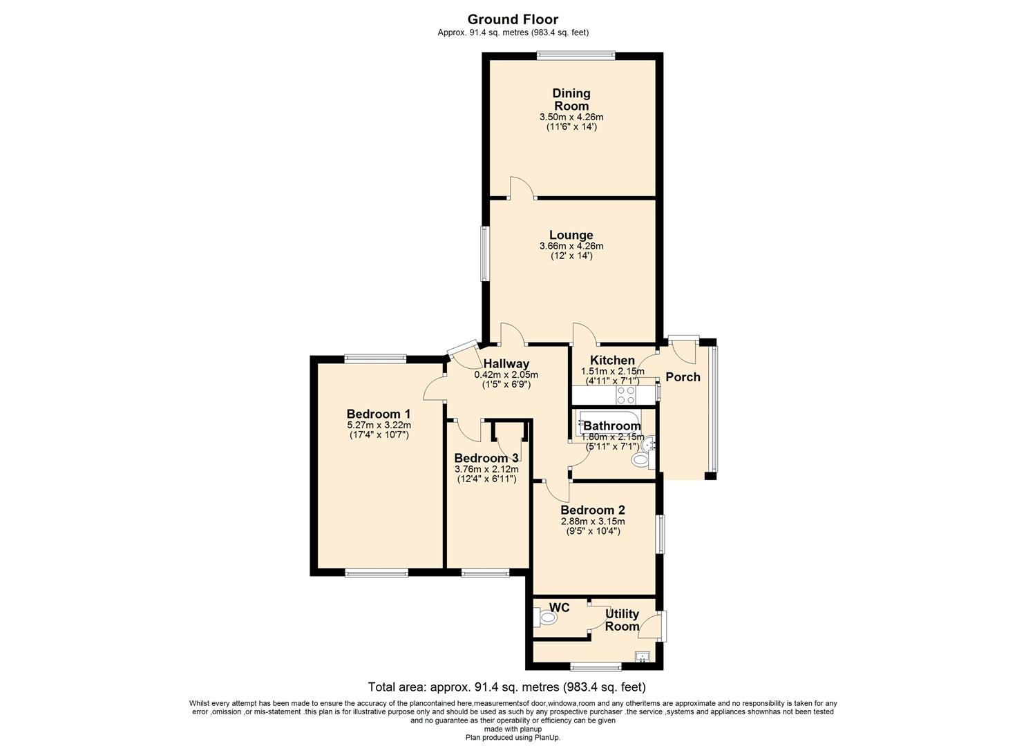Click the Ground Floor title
(x=513, y=19)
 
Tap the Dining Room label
(x=571, y=99)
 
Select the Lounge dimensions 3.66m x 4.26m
(x=571, y=246)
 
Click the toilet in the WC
(x=546, y=618)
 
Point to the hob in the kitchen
(x=626, y=395)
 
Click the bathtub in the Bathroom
(x=610, y=422)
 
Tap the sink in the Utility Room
(x=643, y=657)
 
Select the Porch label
(x=683, y=377)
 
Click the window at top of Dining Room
(x=576, y=55)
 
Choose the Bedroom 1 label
(x=379, y=414)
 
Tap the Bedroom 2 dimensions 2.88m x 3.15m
(x=593, y=521)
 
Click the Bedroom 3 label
(x=486, y=458)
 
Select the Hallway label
(x=506, y=363)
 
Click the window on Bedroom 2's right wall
(x=661, y=534)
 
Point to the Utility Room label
(x=622, y=620)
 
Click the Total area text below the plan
(x=507, y=687)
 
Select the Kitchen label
(x=612, y=360)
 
